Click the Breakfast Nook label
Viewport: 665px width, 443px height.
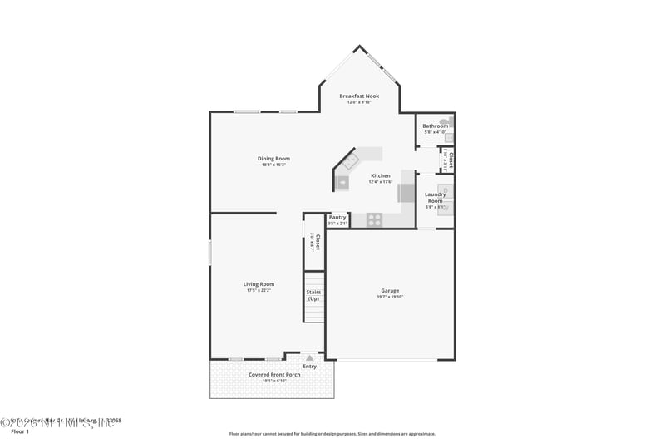(359, 96)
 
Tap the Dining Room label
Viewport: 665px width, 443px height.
(273, 158)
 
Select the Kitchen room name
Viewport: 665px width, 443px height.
(380, 175)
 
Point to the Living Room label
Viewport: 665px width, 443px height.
(259, 284)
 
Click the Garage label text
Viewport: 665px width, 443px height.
(390, 290)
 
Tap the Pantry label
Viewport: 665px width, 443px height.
(337, 217)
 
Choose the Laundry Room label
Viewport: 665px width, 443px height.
(435, 198)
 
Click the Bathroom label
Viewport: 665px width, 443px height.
(435, 126)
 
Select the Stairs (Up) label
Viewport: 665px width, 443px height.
(313, 295)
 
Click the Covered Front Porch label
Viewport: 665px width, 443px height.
(274, 374)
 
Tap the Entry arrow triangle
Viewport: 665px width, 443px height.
(310, 358)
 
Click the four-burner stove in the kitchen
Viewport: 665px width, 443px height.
(375, 220)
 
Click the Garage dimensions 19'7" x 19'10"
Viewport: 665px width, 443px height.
(390, 297)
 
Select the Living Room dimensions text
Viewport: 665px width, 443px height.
(259, 291)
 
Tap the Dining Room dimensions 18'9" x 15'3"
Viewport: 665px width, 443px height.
(273, 165)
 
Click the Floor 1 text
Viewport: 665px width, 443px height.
(19, 431)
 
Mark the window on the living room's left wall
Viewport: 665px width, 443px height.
(209, 253)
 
